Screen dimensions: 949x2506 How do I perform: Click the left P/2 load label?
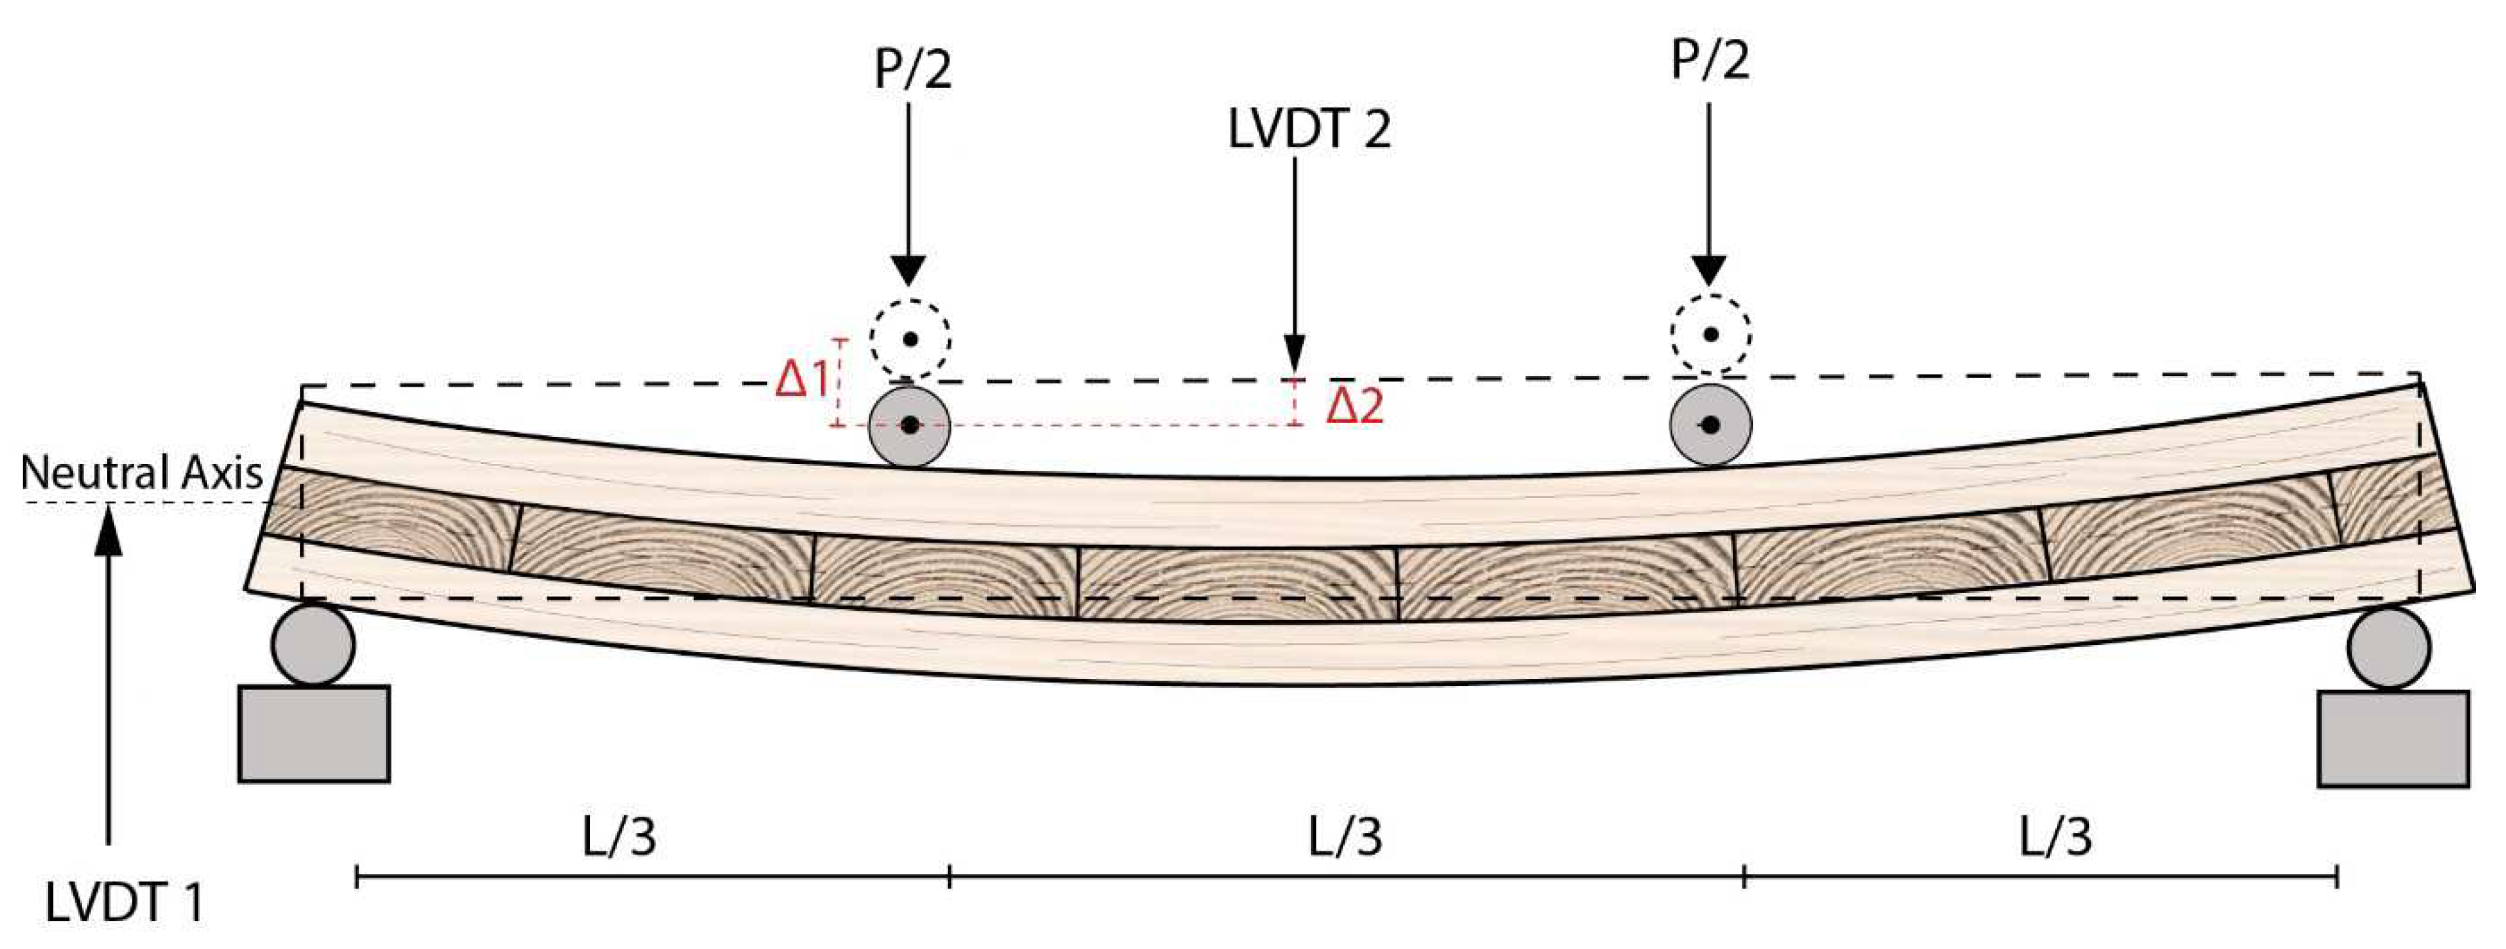click(912, 70)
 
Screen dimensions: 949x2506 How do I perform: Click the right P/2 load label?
click(1710, 60)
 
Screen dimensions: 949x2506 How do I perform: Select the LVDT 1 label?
click(125, 902)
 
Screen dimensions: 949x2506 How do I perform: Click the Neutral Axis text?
click(141, 474)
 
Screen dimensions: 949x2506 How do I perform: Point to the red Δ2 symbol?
click(1354, 406)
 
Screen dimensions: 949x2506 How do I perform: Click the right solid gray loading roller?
click(1710, 425)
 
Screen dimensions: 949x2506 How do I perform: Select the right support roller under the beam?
click(2388, 648)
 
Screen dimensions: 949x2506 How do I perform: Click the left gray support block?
click(314, 733)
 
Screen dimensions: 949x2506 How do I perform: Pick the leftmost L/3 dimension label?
click(619, 837)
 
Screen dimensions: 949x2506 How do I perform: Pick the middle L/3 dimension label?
click(1344, 837)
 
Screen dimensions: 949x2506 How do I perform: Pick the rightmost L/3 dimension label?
click(2054, 837)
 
